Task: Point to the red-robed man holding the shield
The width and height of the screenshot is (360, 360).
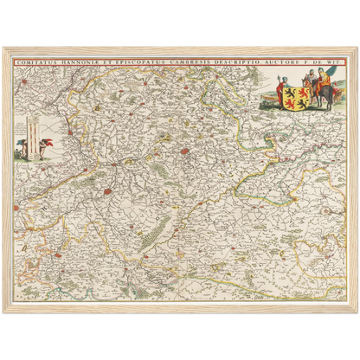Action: pos(280,90)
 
